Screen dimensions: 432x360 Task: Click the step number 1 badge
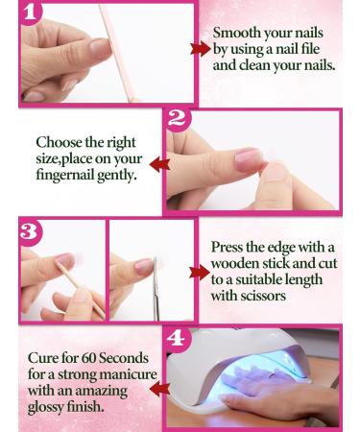pyautogui.click(x=31, y=14)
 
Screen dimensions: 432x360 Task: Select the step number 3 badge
pyautogui.click(x=31, y=231)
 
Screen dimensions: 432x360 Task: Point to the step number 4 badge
pyautogui.click(x=176, y=339)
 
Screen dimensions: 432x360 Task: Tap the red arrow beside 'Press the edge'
pyautogui.click(x=199, y=272)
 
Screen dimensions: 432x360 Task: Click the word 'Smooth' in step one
pyautogui.click(x=237, y=33)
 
